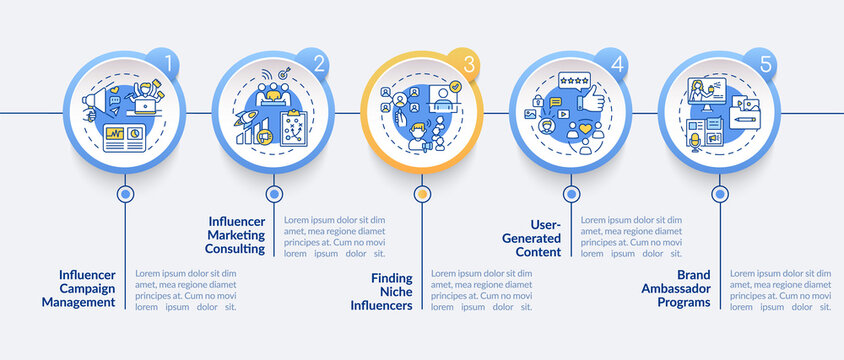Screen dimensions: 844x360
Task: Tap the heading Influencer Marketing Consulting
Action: (x=236, y=234)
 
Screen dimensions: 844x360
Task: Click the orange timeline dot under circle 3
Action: (x=422, y=193)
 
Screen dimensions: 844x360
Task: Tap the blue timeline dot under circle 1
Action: (x=125, y=193)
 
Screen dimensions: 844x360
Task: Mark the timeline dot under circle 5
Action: (x=719, y=193)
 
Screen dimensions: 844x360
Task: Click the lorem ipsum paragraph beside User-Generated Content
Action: (x=632, y=237)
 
